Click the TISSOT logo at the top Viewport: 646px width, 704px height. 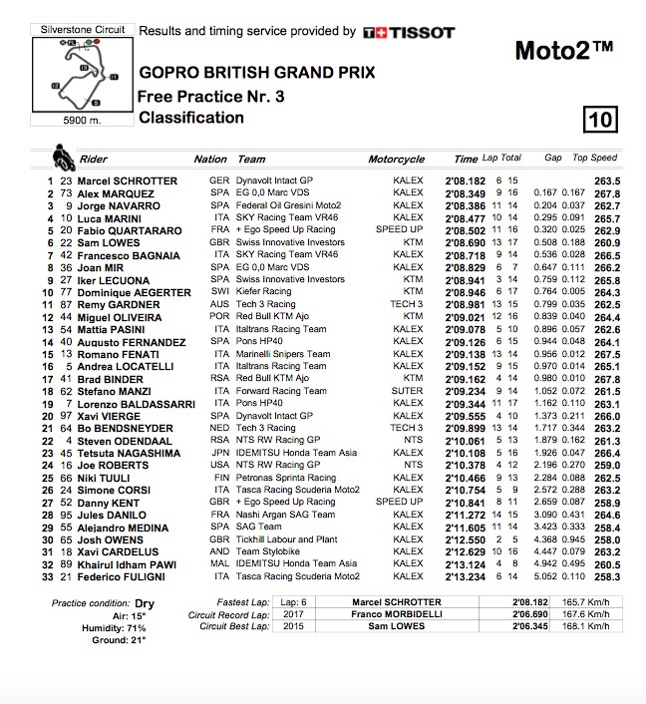coord(410,33)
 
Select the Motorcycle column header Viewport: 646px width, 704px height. coord(396,160)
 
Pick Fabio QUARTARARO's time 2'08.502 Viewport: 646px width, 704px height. coord(465,229)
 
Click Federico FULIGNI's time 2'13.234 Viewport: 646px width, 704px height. coord(465,576)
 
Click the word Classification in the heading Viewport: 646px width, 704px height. coord(191,118)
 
